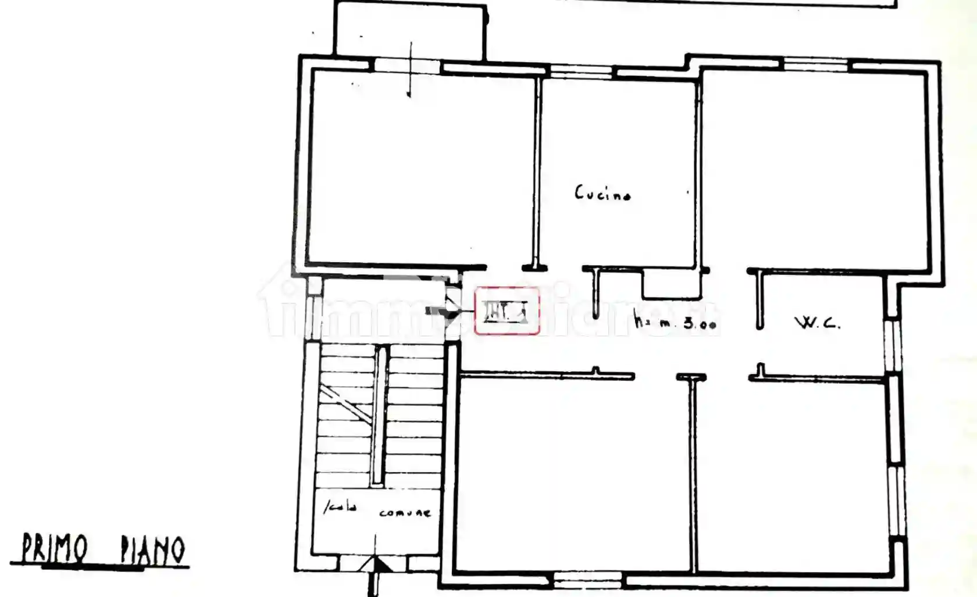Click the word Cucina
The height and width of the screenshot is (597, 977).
click(602, 193)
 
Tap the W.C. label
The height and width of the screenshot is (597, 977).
click(817, 323)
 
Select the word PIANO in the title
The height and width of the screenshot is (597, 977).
click(152, 550)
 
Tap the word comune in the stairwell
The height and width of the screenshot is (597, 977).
click(405, 513)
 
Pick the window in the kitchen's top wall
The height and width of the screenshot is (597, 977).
click(581, 71)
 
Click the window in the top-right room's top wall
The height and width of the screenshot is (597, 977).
click(817, 65)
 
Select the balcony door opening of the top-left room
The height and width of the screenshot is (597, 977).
click(407, 65)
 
